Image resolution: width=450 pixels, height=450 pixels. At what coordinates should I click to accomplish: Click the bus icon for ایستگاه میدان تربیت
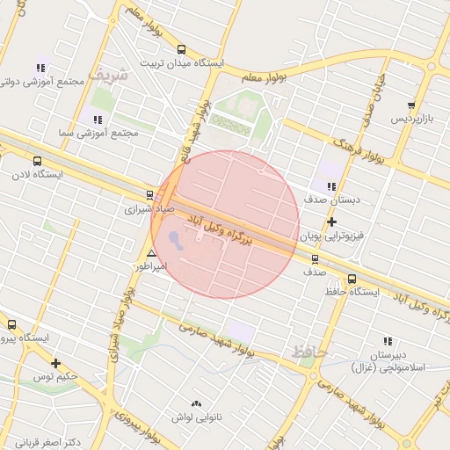coord(181,50)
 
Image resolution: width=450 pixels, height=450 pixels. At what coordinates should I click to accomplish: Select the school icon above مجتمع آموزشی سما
coord(97,119)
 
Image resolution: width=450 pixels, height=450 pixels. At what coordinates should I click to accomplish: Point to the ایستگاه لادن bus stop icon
coord(37,161)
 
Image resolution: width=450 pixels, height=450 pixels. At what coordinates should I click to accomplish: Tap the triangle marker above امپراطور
coord(151,253)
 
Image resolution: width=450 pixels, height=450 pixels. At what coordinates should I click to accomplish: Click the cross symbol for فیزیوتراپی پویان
coord(331,221)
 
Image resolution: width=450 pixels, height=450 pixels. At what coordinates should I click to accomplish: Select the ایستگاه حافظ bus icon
coord(352,279)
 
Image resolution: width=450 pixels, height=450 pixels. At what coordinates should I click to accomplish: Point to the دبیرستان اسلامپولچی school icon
coord(388,341)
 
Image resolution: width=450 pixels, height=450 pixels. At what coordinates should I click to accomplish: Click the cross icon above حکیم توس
coord(56,363)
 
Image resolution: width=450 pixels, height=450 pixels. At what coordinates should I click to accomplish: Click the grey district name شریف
coord(112,75)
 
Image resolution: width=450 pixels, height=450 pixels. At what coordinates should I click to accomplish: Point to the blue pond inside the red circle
coord(176,238)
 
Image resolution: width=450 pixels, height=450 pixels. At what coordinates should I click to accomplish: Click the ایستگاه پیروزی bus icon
coord(11,324)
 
